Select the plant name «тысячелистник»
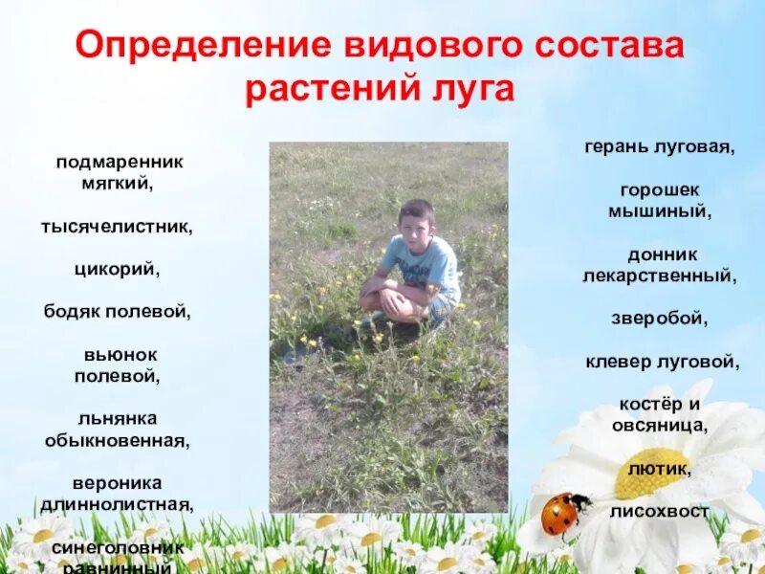(117, 228)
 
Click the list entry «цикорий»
(117, 270)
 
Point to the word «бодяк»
(72, 311)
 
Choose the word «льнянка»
(118, 419)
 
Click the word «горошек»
(660, 190)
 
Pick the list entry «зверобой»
(659, 319)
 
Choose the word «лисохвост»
(659, 512)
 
